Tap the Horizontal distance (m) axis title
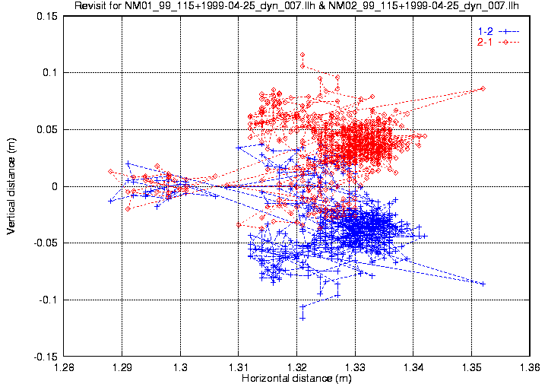[x=296, y=377]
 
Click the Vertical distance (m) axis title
[x=11, y=186]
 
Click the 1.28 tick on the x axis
[x=64, y=367]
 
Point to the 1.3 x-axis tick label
[x=181, y=367]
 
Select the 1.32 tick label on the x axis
[x=297, y=367]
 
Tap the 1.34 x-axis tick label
[x=413, y=367]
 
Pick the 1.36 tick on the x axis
[x=530, y=367]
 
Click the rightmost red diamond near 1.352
[x=483, y=89]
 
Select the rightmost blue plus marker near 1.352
[x=483, y=284]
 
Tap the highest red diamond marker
[x=303, y=56]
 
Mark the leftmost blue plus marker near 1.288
[x=111, y=201]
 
